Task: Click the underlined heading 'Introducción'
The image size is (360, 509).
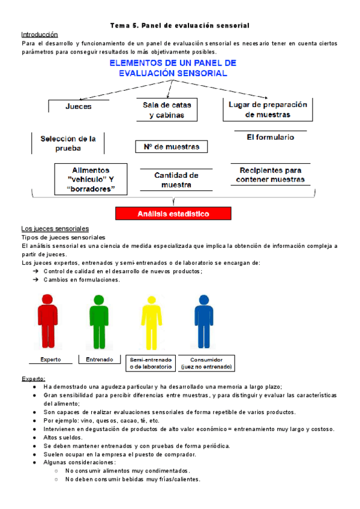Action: [40, 35]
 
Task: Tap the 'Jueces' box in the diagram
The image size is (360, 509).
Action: [79, 106]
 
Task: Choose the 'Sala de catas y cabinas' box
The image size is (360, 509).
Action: [167, 110]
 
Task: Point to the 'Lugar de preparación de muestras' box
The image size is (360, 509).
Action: [268, 109]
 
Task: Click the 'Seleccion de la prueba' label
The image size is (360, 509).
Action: [68, 143]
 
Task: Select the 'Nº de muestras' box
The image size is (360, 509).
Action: [172, 146]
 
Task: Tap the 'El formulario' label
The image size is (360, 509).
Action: [270, 137]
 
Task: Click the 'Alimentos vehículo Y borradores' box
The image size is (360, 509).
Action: [91, 179]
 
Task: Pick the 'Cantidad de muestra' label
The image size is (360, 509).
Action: [176, 179]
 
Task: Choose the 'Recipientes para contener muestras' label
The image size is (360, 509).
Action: [270, 175]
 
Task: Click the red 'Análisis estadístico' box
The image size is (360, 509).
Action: [173, 213]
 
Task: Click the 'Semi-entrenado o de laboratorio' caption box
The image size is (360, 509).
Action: [151, 363]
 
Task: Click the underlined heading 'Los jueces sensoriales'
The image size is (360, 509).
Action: [55, 229]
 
